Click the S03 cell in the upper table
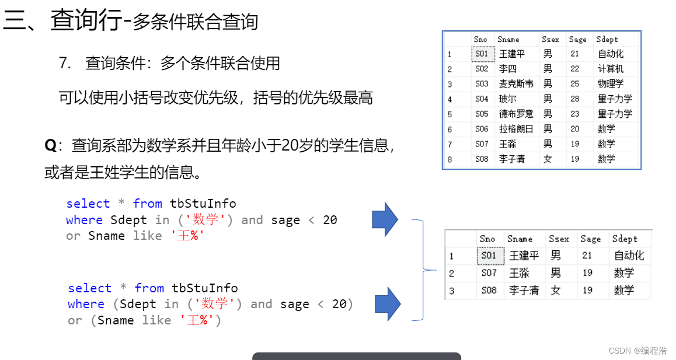[481, 84]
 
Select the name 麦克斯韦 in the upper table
[516, 84]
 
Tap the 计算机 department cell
[611, 69]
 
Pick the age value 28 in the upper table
[575, 99]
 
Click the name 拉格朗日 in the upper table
[516, 129]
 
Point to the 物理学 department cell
[611, 84]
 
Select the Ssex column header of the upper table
[550, 40]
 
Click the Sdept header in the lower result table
[625, 239]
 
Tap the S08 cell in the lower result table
[489, 290]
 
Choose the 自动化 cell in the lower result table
[629, 256]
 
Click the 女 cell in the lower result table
[555, 290]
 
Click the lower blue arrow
[387, 304]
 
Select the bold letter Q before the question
[50, 145]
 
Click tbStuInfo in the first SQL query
[203, 204]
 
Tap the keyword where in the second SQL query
[86, 304]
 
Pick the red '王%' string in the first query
[188, 236]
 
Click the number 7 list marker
[64, 63]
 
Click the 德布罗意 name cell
[516, 114]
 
